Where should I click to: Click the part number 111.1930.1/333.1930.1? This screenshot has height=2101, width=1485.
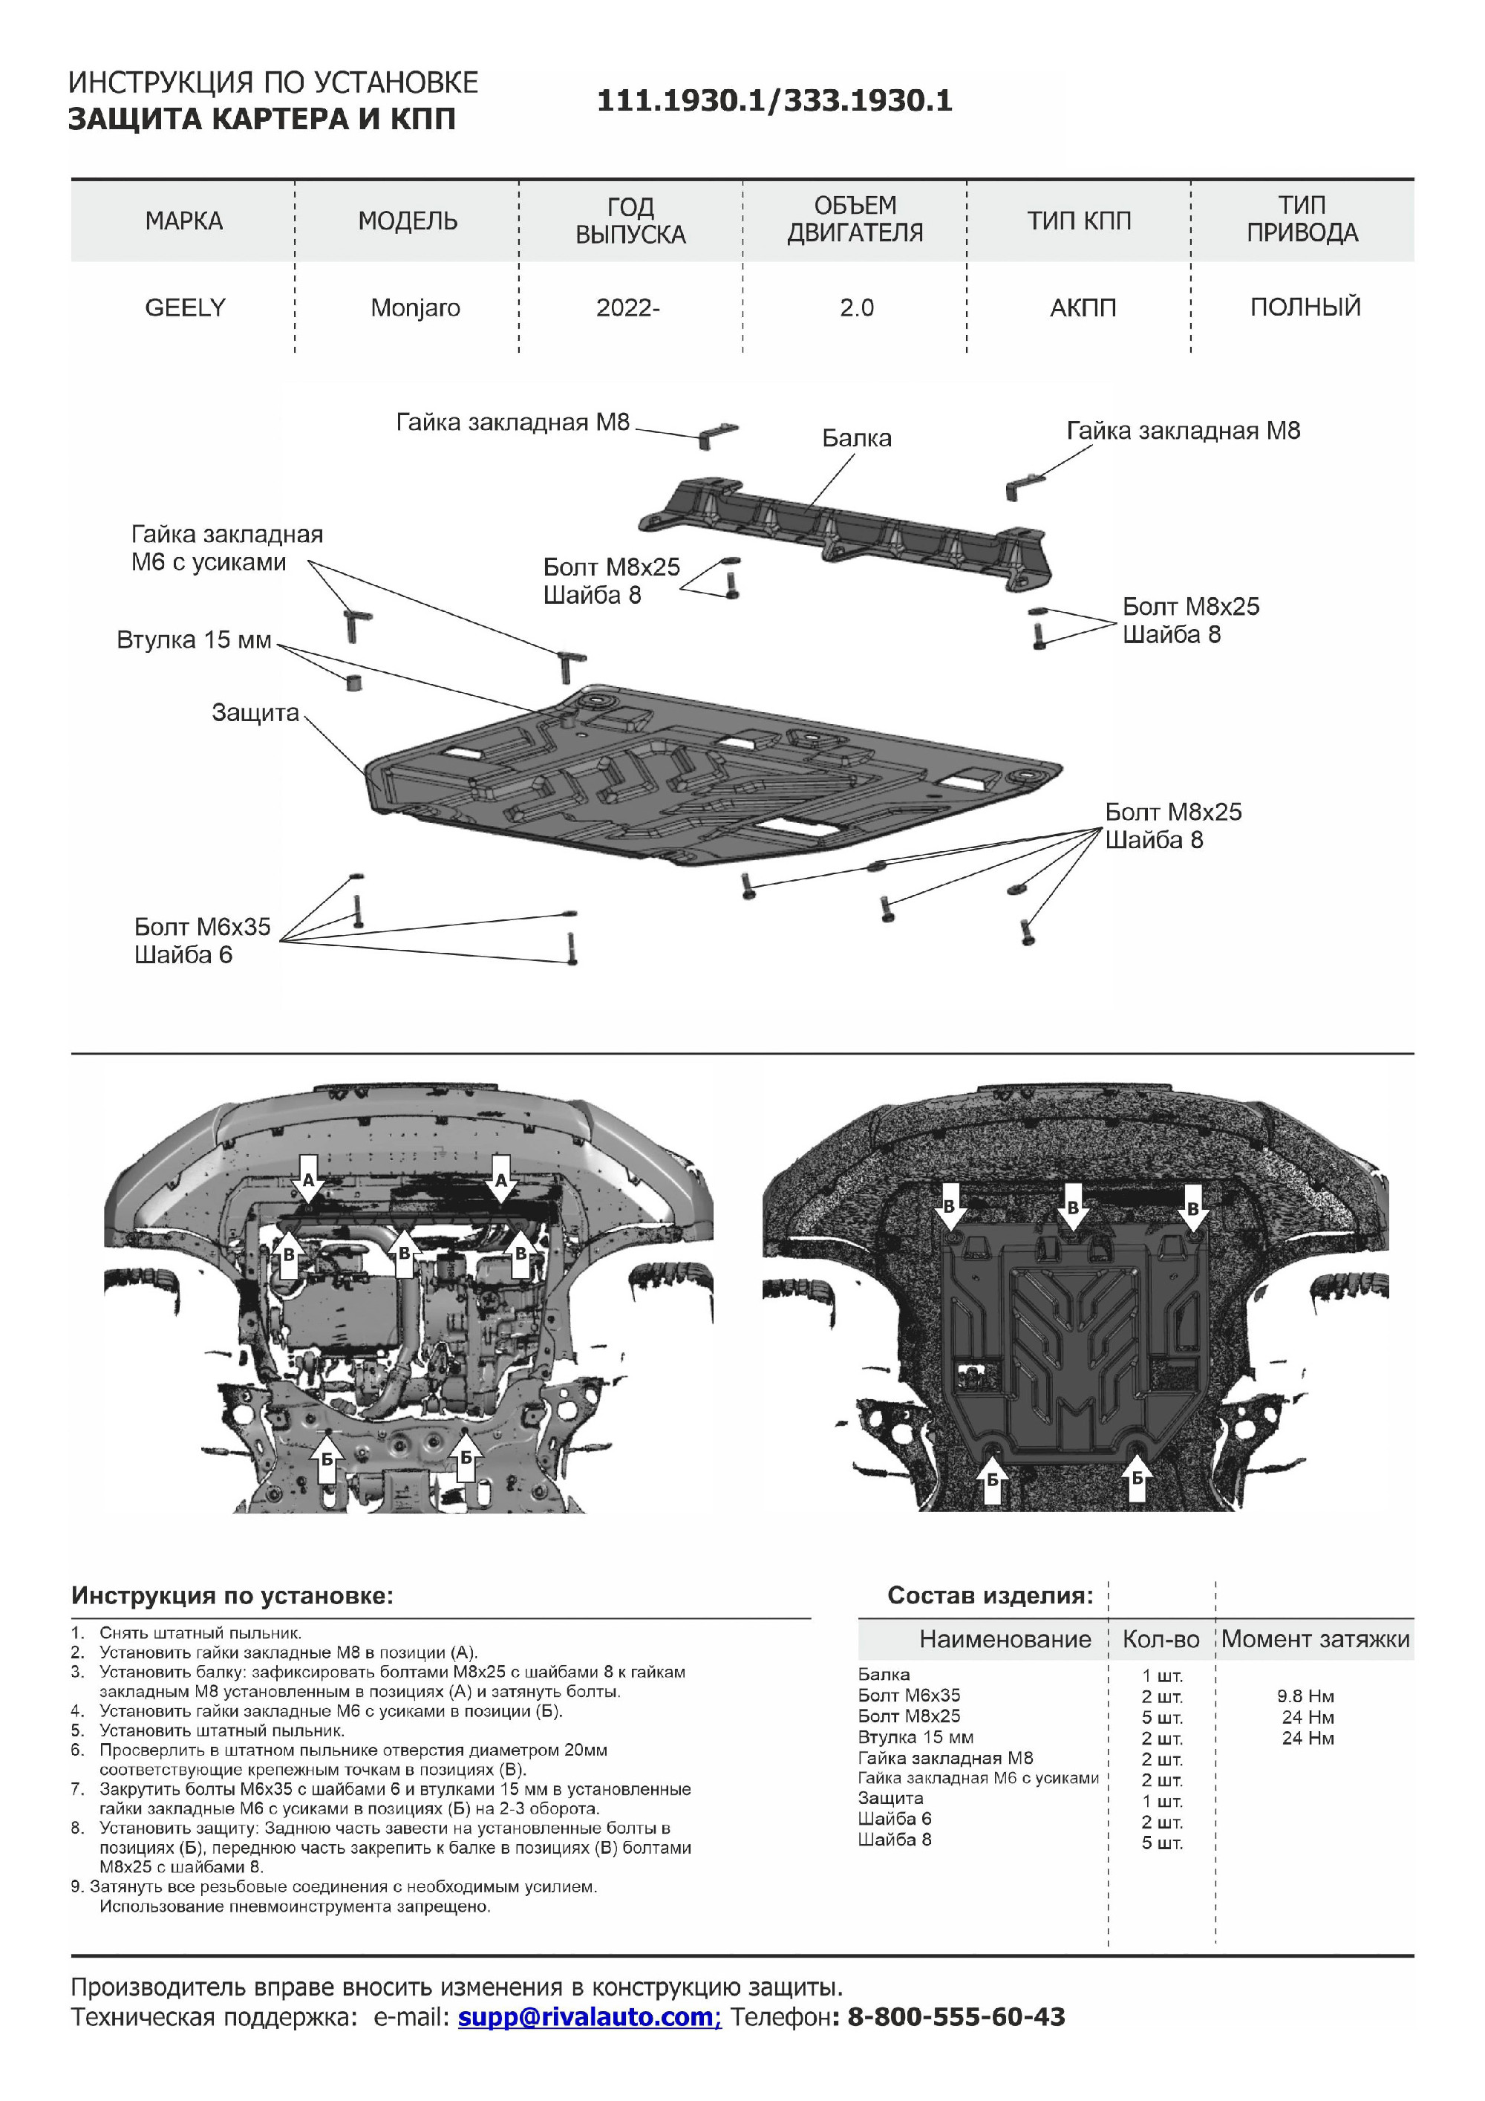pos(774,101)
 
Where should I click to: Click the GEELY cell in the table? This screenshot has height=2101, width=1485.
pos(185,307)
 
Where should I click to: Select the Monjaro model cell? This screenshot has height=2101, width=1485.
pos(414,307)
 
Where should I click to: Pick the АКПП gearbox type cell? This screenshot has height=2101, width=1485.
pos(1083,307)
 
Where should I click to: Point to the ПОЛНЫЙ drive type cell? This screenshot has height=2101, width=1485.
pos(1305,307)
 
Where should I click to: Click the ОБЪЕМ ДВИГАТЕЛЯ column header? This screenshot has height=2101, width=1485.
pos(855,220)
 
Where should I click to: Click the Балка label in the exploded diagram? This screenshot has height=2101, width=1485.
pos(856,438)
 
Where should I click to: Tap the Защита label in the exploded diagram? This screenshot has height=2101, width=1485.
pos(255,713)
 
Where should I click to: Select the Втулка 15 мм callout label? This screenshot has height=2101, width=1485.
pos(194,639)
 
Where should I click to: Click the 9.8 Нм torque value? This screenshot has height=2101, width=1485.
pos(1305,1696)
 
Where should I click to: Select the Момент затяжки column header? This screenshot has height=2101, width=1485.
pos(1315,1639)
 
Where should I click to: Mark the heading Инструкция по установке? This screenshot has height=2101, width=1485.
pos(232,1596)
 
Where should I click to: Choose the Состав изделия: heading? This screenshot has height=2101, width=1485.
pos(990,1596)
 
